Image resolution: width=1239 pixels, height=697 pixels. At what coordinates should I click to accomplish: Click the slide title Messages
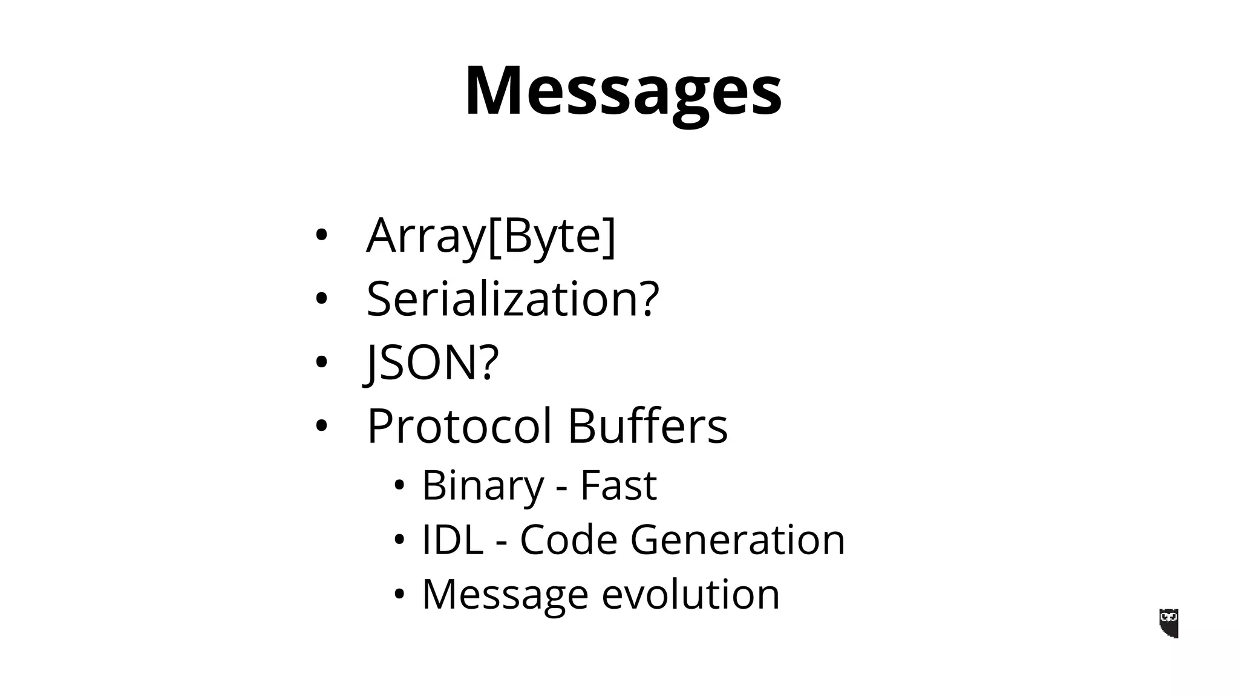[x=623, y=91]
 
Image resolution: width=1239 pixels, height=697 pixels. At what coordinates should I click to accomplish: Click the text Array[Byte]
[x=491, y=235]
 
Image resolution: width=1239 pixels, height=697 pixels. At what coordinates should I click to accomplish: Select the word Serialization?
[x=512, y=299]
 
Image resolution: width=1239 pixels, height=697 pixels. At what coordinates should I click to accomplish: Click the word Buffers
[x=647, y=426]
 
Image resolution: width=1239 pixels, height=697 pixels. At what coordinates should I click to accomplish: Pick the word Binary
[x=483, y=485]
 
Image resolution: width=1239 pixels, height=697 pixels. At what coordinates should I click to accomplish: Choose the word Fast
[x=618, y=485]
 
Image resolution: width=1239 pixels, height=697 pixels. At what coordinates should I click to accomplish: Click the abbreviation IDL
[x=452, y=539]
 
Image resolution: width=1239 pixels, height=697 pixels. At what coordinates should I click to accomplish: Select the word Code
[x=568, y=539]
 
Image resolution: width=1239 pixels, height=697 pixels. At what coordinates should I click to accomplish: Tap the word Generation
[x=737, y=539]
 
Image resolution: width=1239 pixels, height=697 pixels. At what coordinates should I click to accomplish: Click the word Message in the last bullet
[x=505, y=594]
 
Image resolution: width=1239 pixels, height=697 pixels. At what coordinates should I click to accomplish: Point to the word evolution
[x=690, y=594]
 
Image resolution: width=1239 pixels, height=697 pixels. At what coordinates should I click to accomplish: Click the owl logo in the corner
[x=1169, y=623]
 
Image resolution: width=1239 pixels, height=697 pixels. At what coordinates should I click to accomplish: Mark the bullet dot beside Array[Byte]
[x=321, y=235]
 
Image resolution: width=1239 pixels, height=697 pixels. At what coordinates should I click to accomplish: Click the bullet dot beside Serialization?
[x=321, y=299]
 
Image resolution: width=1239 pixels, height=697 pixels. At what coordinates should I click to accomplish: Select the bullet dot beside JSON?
[x=321, y=362]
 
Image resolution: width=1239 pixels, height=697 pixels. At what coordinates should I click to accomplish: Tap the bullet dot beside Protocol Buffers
[x=321, y=426]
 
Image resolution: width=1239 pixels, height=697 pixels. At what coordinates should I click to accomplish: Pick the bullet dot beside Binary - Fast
[x=398, y=485]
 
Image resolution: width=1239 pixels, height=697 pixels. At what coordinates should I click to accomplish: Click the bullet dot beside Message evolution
[x=398, y=594]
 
